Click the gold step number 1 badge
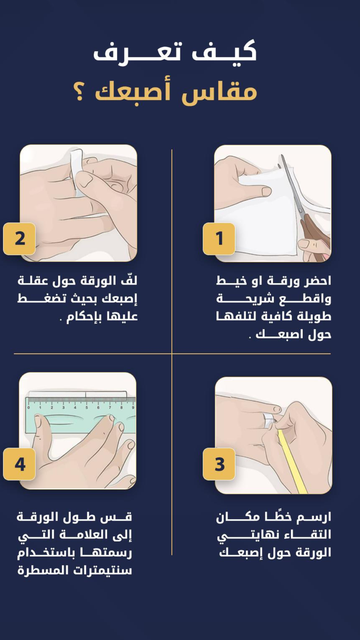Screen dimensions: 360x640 (x=219, y=239)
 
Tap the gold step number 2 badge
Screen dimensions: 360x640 (x=20, y=239)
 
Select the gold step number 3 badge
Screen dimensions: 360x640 (x=219, y=464)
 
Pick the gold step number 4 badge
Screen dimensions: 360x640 (x=20, y=464)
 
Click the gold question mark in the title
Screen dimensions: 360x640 (x=79, y=91)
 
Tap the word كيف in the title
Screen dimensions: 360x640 (x=224, y=52)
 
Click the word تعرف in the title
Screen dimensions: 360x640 (x=137, y=53)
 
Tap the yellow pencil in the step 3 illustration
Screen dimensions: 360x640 (x=292, y=462)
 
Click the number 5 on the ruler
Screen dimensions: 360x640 (x=87, y=407)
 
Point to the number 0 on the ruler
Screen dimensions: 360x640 (x=29, y=407)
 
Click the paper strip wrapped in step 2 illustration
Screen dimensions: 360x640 (x=77, y=172)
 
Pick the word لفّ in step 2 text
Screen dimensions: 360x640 (x=129, y=280)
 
